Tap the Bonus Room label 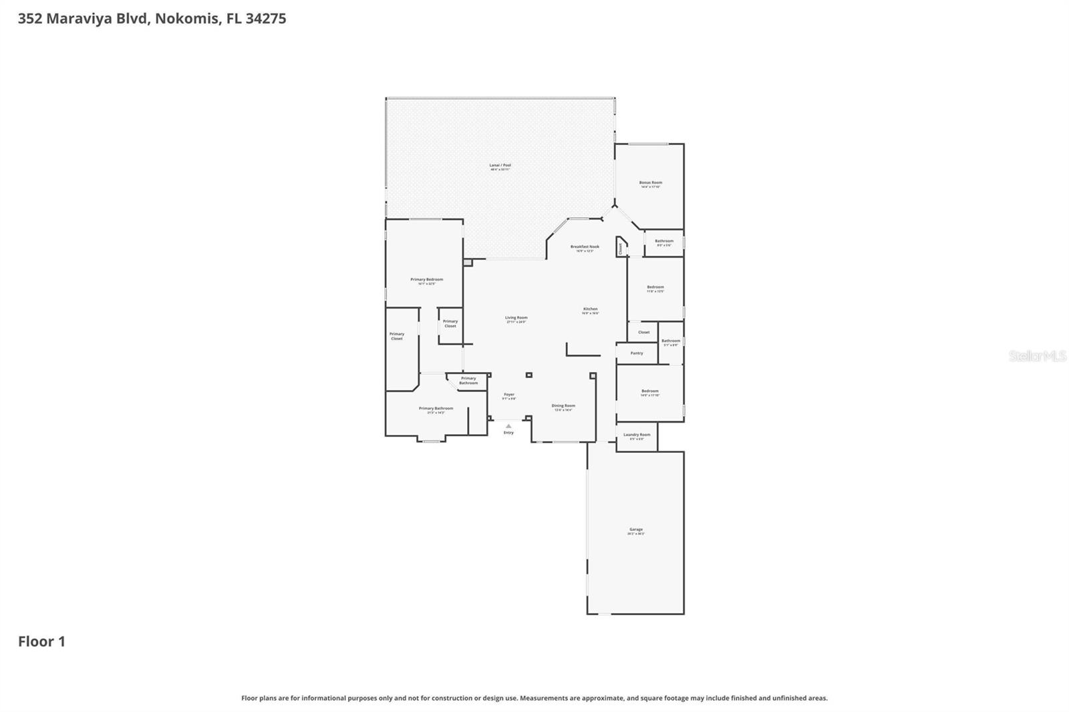click(x=650, y=183)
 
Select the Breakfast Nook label click(x=585, y=247)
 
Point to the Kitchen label click(x=590, y=309)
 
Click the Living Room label click(x=516, y=318)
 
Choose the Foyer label click(x=509, y=395)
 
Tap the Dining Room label click(x=563, y=406)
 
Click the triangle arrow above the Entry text click(x=508, y=425)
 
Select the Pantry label click(x=637, y=353)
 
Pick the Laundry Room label click(x=637, y=435)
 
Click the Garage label click(x=635, y=530)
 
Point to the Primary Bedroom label click(x=426, y=280)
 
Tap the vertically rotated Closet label click(x=620, y=248)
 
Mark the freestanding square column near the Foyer click(x=528, y=375)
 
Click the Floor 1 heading click(x=41, y=642)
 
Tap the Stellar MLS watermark click(x=1037, y=357)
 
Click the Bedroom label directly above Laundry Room click(x=650, y=391)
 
